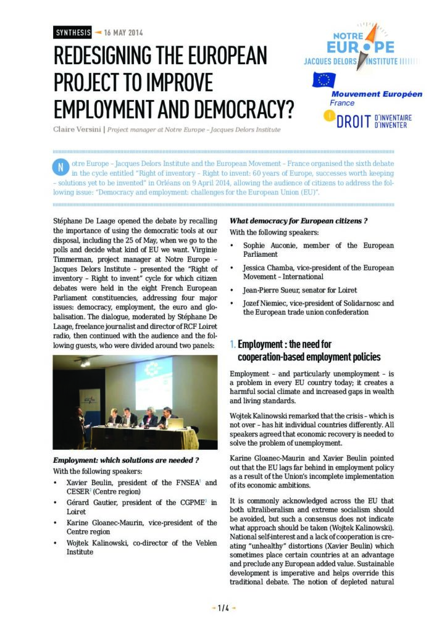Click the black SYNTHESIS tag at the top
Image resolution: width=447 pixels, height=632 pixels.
pos(73,33)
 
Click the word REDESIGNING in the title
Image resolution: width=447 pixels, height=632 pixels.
pos(122,56)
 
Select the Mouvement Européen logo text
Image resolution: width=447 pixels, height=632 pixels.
pos(377,94)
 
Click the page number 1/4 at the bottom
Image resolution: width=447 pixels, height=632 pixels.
pos(223,609)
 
